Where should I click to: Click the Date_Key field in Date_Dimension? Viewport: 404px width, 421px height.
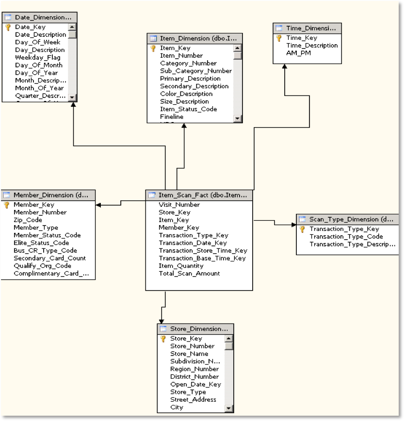pyautogui.click(x=30, y=27)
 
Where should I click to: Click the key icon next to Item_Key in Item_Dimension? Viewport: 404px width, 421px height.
pyautogui.click(x=153, y=48)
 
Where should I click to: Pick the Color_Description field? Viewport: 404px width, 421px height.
pyautogui.click(x=186, y=94)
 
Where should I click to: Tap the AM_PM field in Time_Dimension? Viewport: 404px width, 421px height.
pyautogui.click(x=299, y=53)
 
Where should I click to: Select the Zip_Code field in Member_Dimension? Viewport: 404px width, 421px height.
pyautogui.click(x=28, y=220)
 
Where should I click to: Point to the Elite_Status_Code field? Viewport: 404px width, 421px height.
pyautogui.click(x=41, y=243)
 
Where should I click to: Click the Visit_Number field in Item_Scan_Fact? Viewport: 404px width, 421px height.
pyautogui.click(x=179, y=205)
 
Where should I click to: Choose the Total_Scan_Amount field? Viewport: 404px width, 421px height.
pyautogui.click(x=189, y=274)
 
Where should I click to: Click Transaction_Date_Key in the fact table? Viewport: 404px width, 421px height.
pyautogui.click(x=193, y=243)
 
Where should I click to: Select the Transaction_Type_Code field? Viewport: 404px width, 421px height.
pyautogui.click(x=346, y=237)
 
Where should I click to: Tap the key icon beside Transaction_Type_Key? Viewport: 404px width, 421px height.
pyautogui.click(x=303, y=229)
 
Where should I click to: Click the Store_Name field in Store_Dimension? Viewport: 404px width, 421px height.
pyautogui.click(x=189, y=354)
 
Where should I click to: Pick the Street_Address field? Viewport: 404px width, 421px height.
pyautogui.click(x=193, y=400)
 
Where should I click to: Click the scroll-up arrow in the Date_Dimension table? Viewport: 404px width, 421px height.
pyautogui.click(x=72, y=28)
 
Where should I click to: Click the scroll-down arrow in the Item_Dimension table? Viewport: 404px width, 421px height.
pyautogui.click(x=237, y=118)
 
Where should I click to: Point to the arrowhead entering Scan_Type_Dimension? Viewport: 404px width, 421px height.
pyautogui.click(x=293, y=225)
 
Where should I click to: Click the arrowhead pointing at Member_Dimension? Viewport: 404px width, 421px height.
pyautogui.click(x=98, y=205)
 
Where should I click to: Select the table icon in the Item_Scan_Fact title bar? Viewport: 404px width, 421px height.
pyautogui.click(x=152, y=195)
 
